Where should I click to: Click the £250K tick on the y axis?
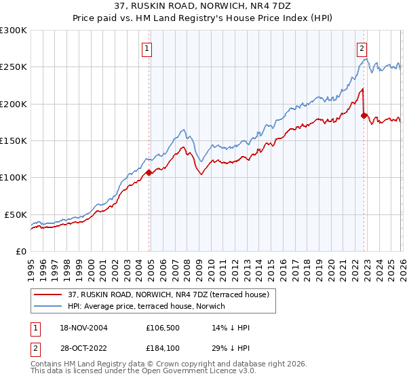click(x=14, y=67)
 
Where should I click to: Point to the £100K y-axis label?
click(x=14, y=177)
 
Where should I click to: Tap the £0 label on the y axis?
click(x=20, y=251)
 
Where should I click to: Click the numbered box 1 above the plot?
click(x=147, y=48)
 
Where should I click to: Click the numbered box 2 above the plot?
click(x=362, y=48)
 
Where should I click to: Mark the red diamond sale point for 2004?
click(x=149, y=172)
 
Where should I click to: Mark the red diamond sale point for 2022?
click(x=364, y=116)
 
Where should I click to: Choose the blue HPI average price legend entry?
click(x=150, y=306)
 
